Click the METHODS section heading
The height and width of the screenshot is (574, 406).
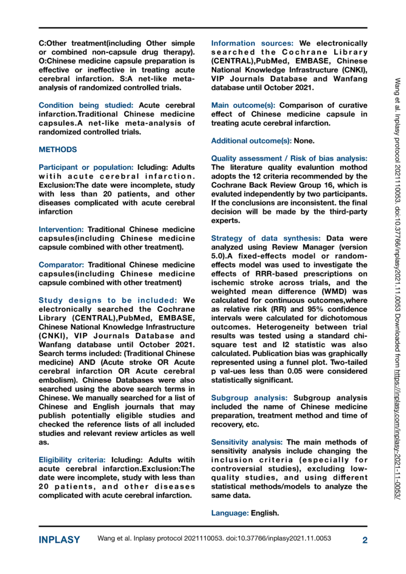coord(58,150)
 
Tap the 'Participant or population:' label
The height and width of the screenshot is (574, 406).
coord(87,167)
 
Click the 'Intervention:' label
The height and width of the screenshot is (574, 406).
coord(61,229)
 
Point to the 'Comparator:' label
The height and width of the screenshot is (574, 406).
coord(62,264)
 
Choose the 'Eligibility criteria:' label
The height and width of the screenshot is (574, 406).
coord(72,460)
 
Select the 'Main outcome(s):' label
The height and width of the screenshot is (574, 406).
coord(244,105)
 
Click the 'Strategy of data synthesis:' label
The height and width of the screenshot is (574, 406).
coord(267,238)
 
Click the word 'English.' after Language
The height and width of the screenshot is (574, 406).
coord(265,513)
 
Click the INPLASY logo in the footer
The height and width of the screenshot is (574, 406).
coord(59,540)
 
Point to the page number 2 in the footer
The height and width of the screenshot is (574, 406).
coord(364,540)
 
